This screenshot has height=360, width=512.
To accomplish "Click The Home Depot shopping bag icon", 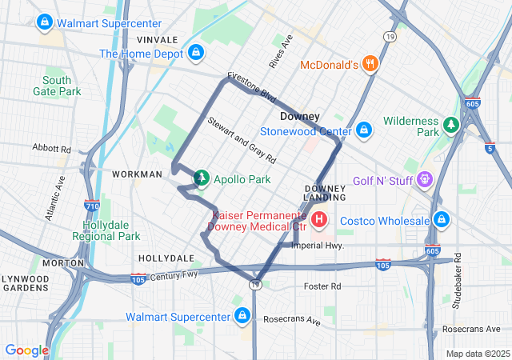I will click(x=195, y=54).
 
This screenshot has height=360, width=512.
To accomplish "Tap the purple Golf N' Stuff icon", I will click(x=424, y=181).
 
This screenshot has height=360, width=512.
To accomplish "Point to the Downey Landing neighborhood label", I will click(x=325, y=192).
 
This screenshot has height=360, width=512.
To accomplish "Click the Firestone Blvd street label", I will click(x=251, y=87).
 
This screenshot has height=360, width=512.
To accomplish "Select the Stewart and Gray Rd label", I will click(x=241, y=139).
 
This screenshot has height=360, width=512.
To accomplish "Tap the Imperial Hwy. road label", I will click(x=318, y=246).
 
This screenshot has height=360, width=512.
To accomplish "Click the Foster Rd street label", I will click(x=322, y=286).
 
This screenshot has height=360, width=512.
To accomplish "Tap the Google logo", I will click(x=26, y=350).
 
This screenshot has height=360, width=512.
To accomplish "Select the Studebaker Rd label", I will click(x=457, y=279).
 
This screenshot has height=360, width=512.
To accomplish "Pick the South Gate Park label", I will click(x=62, y=86).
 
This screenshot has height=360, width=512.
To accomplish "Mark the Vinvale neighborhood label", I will click(x=157, y=39).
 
